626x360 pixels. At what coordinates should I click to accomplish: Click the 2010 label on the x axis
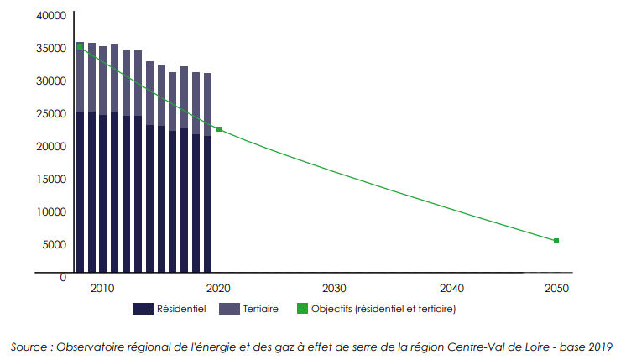pos(102,288)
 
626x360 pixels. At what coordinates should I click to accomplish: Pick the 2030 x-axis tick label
pos(335,288)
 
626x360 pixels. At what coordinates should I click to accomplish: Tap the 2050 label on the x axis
pos(556,288)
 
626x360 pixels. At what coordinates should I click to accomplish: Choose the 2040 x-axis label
pos(451,288)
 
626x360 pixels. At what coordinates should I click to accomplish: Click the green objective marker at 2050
pos(556,241)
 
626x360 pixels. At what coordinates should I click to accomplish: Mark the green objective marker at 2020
pos(219,129)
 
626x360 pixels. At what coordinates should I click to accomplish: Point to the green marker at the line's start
pos(80,48)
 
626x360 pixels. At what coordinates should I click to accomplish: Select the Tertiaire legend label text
pos(260,309)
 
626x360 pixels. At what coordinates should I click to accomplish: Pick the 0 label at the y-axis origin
pos(63,275)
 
